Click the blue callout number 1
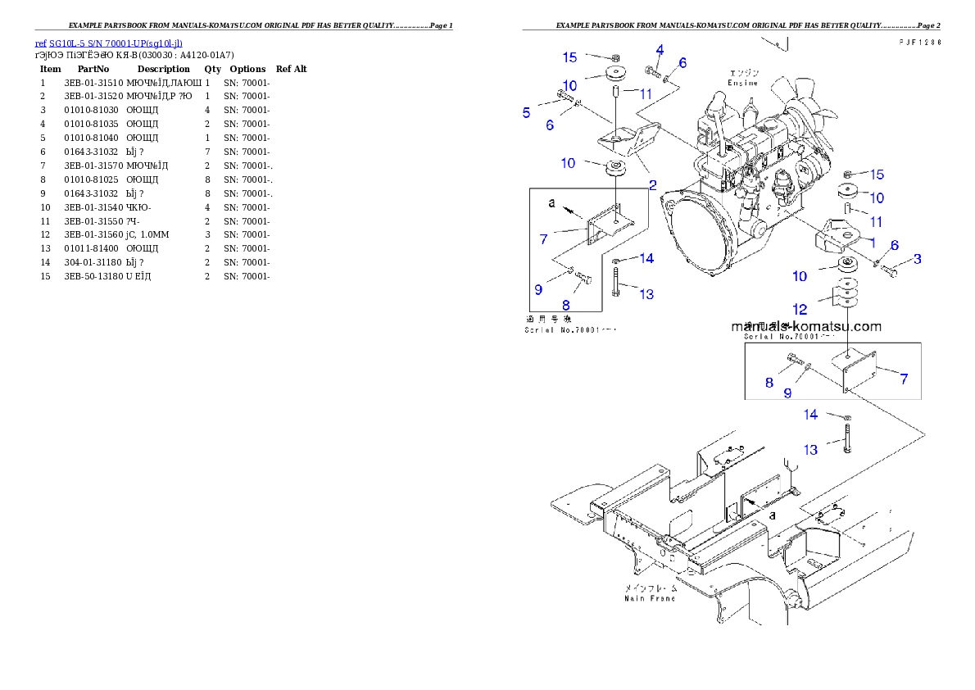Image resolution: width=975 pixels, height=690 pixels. tap(873, 242)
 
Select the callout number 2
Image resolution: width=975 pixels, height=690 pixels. tap(653, 184)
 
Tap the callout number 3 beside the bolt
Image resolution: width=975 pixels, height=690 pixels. tap(918, 259)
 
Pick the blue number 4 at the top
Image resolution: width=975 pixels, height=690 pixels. tap(660, 50)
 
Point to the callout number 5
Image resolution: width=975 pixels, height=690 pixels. tap(527, 112)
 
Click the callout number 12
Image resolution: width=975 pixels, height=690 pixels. tap(800, 309)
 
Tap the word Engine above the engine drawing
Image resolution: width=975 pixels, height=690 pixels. tap(743, 83)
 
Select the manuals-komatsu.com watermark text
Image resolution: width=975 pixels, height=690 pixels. tap(806, 326)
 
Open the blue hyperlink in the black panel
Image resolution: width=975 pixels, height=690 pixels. tap(108, 43)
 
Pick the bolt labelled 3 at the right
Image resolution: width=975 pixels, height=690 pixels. tap(891, 270)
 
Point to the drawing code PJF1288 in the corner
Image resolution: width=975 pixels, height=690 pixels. tap(918, 42)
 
